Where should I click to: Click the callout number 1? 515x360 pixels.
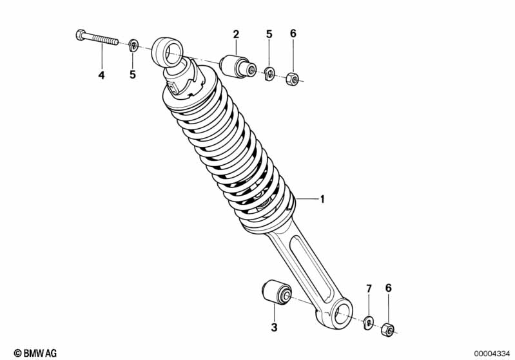322,200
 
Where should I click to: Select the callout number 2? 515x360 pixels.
236,34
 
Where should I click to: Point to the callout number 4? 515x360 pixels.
101,75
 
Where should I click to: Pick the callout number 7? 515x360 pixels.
369,288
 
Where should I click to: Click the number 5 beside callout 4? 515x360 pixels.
133,75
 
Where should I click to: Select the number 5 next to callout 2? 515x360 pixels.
269,34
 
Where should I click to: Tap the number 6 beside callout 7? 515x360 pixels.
388,288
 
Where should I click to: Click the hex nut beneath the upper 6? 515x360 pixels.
291,79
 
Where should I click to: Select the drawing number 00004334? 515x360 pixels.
492,352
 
